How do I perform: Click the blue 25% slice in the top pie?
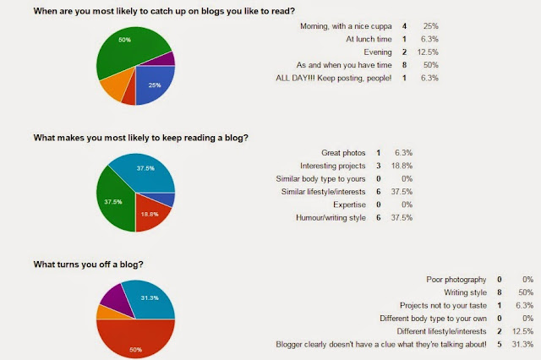[154, 84]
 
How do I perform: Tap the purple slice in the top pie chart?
[164, 60]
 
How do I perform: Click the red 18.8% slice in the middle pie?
[150, 214]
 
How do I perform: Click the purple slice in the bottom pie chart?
[116, 297]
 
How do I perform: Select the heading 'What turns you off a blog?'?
[88, 265]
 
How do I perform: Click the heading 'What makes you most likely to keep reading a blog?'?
[141, 138]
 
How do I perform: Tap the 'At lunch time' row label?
[369, 40]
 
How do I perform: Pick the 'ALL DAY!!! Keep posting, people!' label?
[334, 79]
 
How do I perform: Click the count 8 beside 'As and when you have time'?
[404, 65]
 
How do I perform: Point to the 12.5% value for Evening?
[428, 52]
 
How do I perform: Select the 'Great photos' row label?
[343, 153]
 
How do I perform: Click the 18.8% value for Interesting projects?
[402, 166]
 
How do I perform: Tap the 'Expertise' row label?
[349, 205]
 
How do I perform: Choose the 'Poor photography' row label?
[456, 280]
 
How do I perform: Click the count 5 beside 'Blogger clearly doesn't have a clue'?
[500, 344]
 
